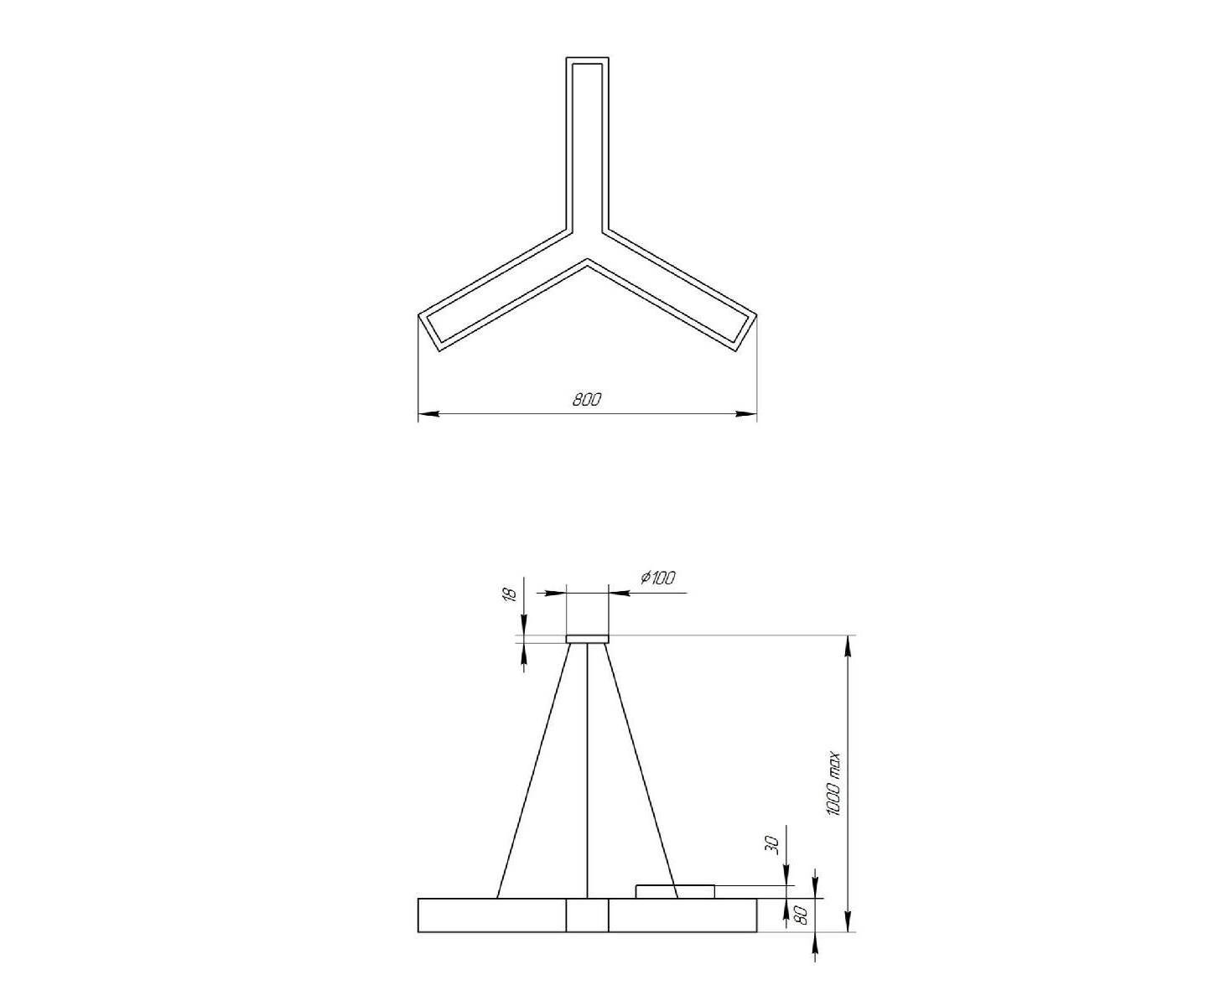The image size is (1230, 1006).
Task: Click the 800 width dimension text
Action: coord(586,400)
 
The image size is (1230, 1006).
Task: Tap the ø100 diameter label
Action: coord(657,578)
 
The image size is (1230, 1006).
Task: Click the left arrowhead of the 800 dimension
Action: coord(428,414)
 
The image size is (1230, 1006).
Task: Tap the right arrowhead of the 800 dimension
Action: coord(746,414)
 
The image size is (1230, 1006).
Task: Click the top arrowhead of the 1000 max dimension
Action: coord(848,645)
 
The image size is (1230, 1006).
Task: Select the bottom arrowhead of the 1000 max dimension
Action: coord(848,922)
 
